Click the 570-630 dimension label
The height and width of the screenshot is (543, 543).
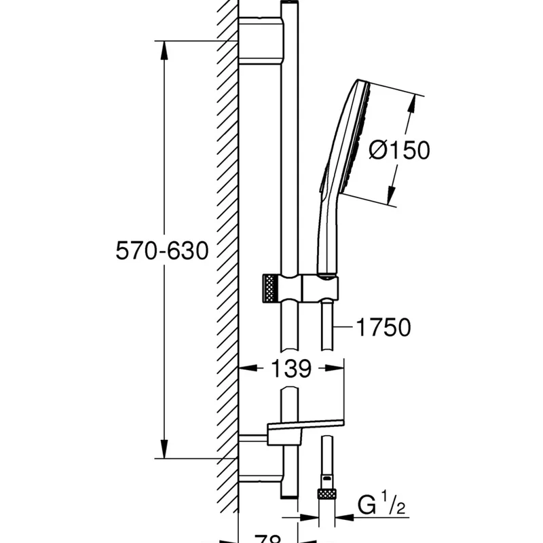tap(162, 251)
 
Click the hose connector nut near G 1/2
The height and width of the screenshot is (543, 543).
tap(327, 491)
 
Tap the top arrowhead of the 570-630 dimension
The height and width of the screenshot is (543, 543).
tap(164, 48)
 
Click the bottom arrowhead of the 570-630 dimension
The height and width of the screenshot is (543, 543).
tap(164, 451)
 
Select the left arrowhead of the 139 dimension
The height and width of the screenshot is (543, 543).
tap(246, 369)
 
